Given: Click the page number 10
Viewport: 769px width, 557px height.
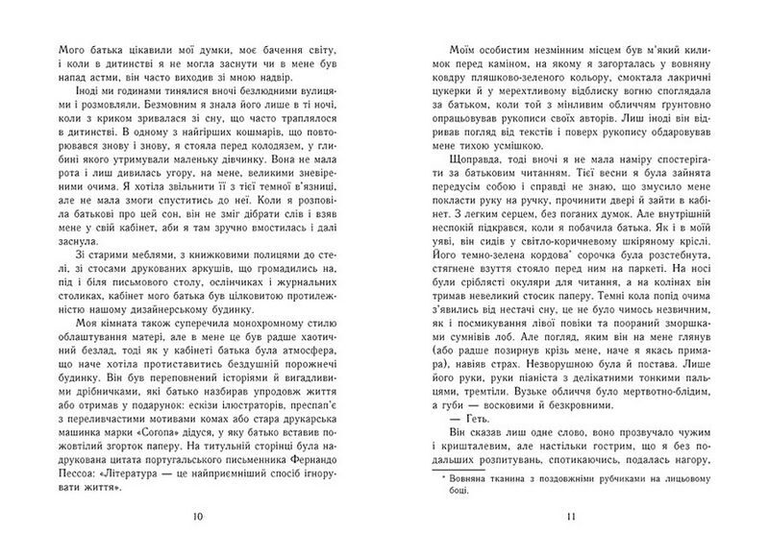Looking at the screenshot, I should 197,517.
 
